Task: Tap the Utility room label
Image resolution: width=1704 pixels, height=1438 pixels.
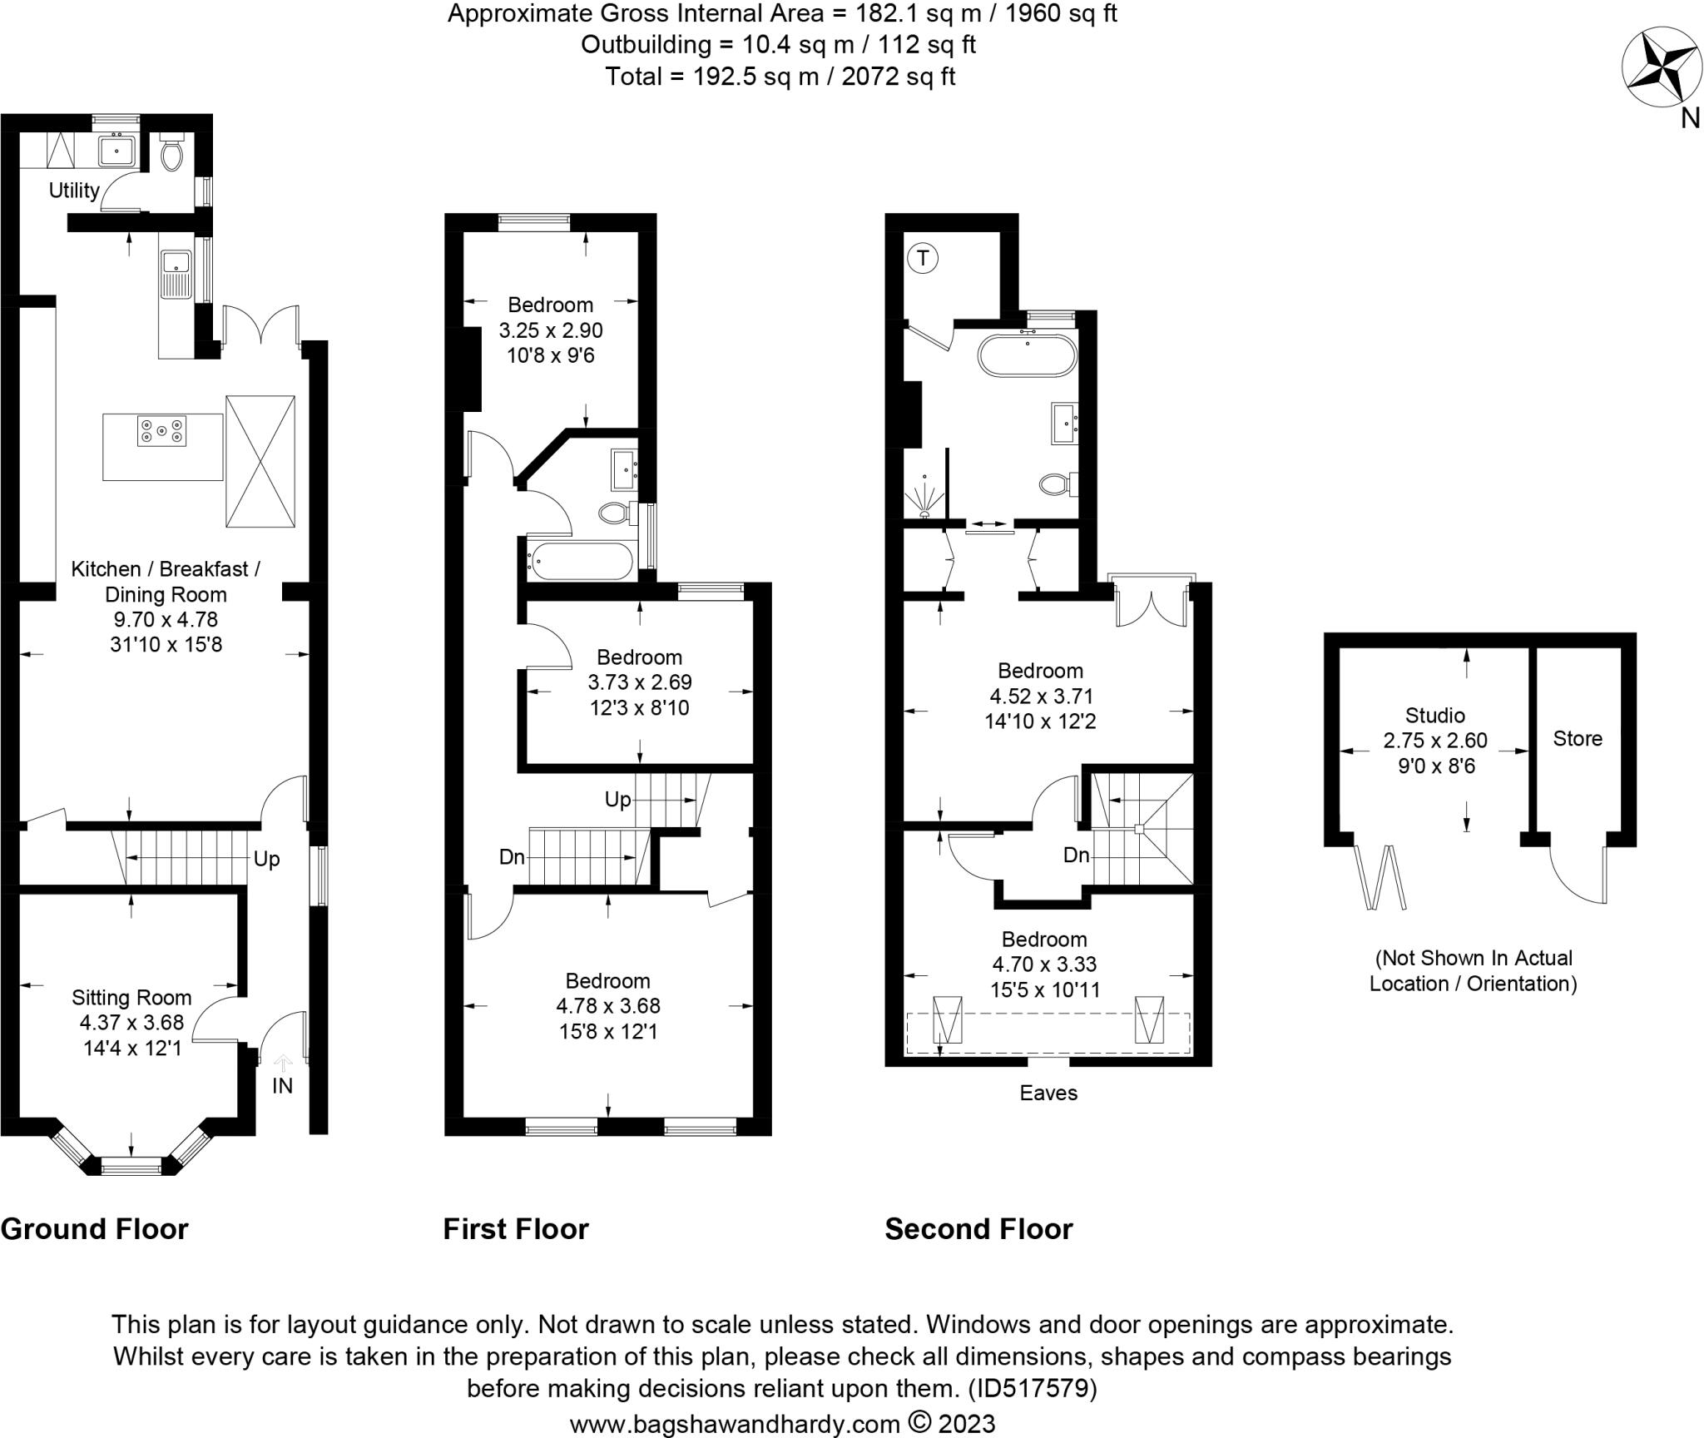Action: click(74, 191)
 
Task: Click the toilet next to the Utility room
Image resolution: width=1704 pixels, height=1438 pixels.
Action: click(172, 151)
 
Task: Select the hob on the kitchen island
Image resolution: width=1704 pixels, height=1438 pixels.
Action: click(161, 431)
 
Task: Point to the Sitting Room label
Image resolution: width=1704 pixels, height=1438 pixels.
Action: click(131, 997)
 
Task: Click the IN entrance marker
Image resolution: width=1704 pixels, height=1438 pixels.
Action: click(283, 1086)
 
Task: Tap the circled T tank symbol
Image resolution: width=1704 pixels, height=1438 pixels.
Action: click(923, 259)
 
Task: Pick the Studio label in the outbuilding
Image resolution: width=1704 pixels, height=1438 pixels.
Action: click(1435, 715)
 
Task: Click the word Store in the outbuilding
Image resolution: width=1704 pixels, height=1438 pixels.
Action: click(1578, 738)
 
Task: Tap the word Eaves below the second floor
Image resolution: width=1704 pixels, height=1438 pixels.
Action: click(1048, 1093)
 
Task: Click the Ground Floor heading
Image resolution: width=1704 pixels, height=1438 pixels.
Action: click(95, 1228)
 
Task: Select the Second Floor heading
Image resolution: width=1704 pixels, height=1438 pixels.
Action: click(978, 1228)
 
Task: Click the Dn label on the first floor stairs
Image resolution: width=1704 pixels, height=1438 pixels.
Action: click(512, 855)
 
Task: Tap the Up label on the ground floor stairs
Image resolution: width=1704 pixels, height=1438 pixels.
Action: click(266, 859)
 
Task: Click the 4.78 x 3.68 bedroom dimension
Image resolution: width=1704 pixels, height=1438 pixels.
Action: click(608, 1006)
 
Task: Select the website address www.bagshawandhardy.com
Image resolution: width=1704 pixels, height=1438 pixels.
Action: click(735, 1423)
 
